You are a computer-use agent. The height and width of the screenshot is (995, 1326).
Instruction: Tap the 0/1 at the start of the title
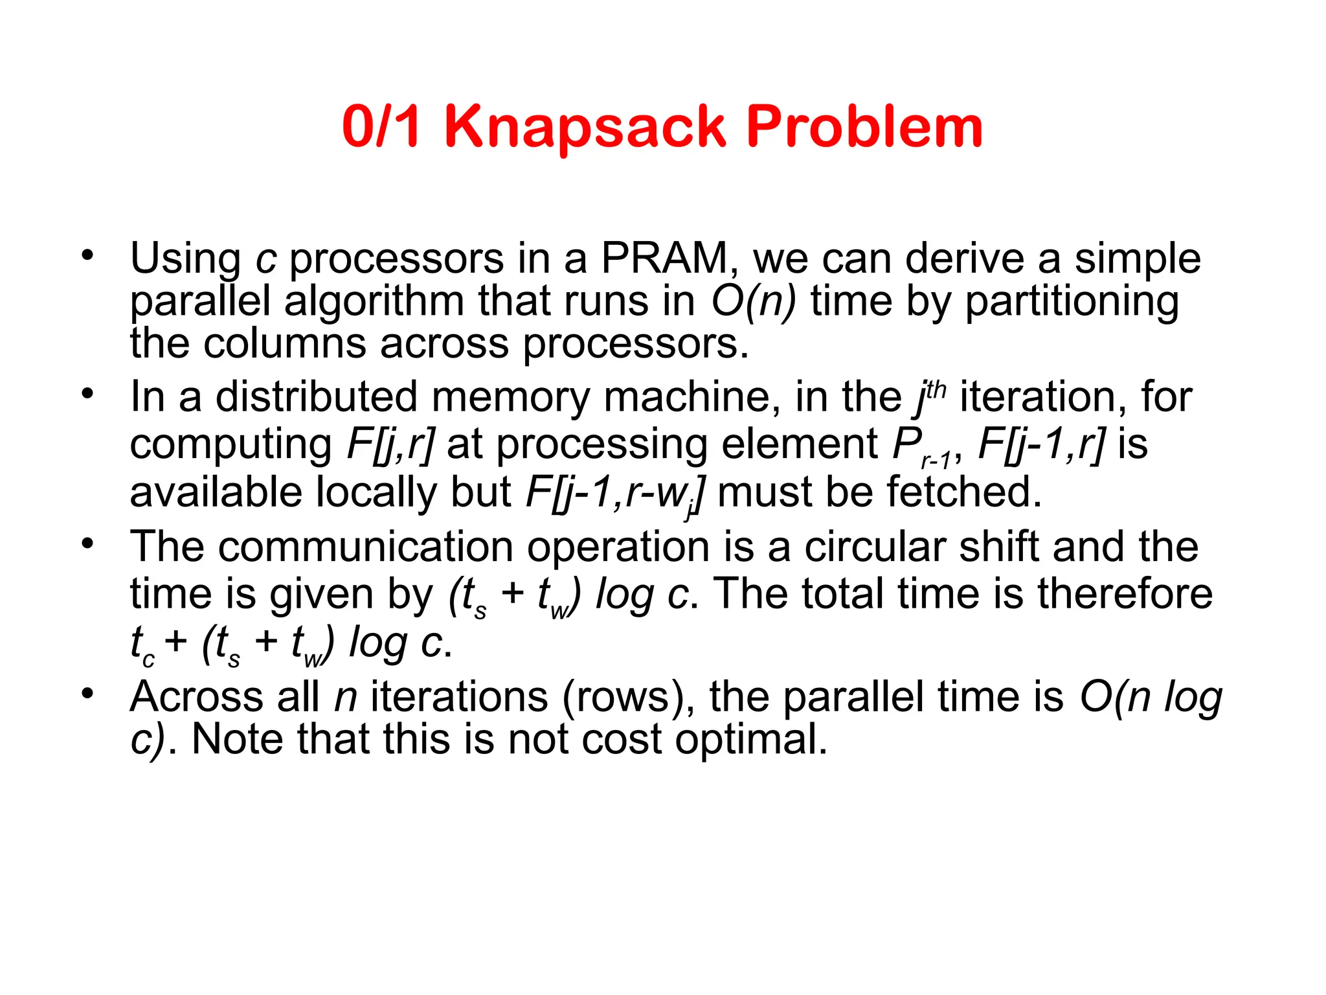(382, 127)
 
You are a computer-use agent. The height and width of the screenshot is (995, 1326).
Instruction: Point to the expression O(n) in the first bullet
(754, 302)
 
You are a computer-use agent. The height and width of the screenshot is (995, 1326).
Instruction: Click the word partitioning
(1072, 302)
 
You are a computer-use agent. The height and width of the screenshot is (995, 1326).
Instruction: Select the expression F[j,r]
(390, 444)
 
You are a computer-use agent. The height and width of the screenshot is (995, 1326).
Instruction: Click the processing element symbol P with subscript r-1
(921, 447)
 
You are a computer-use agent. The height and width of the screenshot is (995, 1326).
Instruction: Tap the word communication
(366, 547)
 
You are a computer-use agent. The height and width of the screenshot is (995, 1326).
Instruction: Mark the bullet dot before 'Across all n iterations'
(87, 693)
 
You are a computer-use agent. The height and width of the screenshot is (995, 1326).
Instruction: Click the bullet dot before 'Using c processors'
(87, 255)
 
